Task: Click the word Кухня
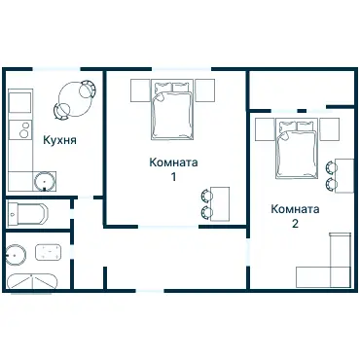pos(60,140)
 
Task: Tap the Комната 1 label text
pos(173,169)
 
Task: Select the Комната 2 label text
pos(295,216)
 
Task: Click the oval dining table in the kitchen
pos(75,99)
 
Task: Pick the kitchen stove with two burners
pos(20,130)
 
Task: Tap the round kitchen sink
pos(45,181)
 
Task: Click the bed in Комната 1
pos(172,109)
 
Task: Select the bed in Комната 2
pos(297,148)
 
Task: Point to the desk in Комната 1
pos(220,203)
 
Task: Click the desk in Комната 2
pos(344,176)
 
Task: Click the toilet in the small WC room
pos(27,214)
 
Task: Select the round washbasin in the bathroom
pos(16,255)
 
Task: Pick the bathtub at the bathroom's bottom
pos(32,281)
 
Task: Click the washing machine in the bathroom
pos(49,252)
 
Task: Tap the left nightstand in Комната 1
pos(141,90)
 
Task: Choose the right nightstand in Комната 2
pos(330,129)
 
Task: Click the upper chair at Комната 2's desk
pos(331,167)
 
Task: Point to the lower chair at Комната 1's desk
pos(206,212)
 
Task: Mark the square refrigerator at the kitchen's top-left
pos(20,103)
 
